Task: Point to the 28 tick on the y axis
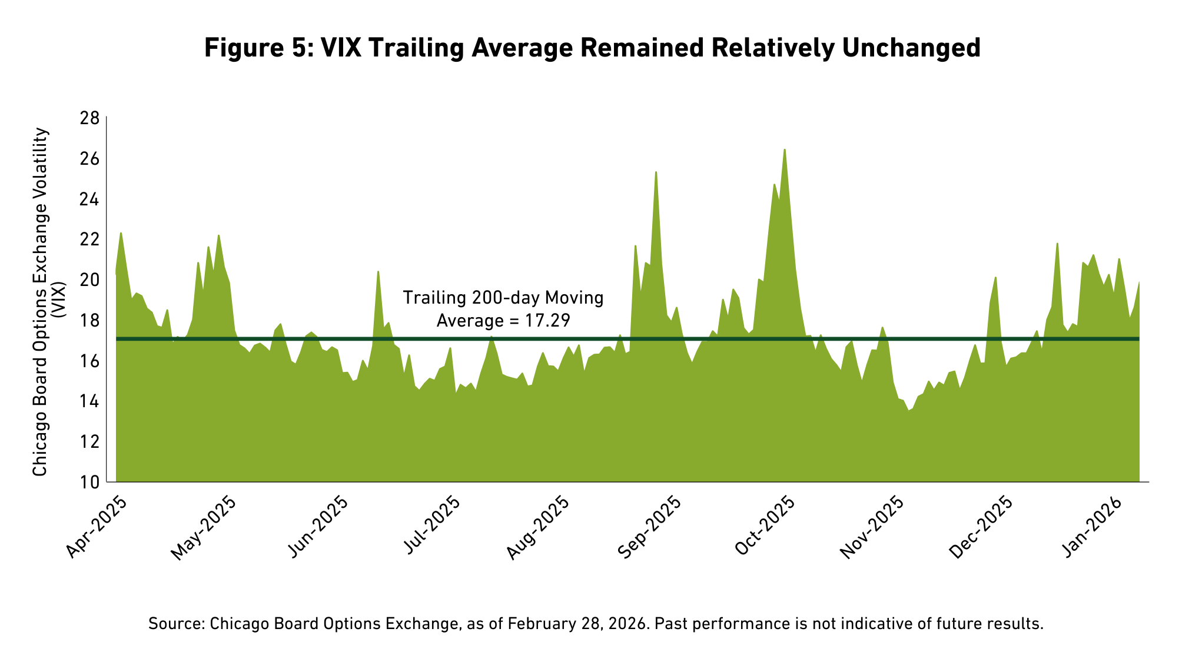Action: (x=89, y=119)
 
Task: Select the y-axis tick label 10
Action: (x=89, y=483)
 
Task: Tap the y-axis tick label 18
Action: (x=89, y=321)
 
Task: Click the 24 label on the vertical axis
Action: (x=89, y=199)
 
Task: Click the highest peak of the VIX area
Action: (x=784, y=150)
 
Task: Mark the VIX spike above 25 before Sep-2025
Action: (x=656, y=172)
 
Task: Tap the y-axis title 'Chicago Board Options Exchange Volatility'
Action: (x=40, y=302)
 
